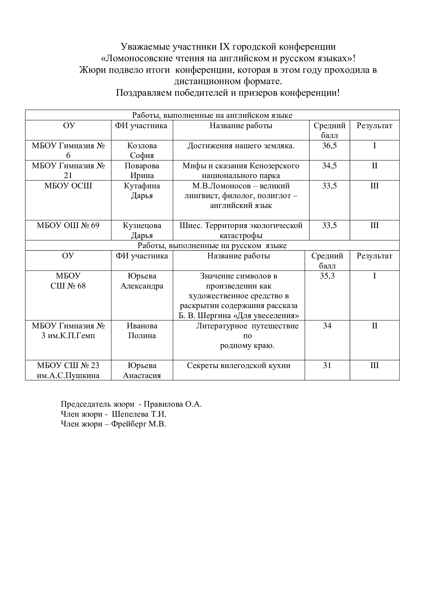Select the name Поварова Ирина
click(142, 170)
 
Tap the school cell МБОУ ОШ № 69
click(68, 225)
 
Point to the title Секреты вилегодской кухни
click(238, 365)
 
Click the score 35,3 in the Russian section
click(327, 276)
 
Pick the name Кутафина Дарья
click(142, 191)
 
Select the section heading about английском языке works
click(212, 115)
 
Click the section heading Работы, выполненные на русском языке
click(212, 246)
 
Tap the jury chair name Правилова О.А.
click(173, 404)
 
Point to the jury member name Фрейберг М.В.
click(139, 424)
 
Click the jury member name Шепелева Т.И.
click(139, 414)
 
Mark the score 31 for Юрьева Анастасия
click(327, 365)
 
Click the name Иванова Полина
click(142, 331)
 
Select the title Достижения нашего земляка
click(241, 146)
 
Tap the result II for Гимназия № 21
click(374, 166)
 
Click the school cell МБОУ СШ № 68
click(68, 281)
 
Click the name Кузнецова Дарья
click(142, 230)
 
